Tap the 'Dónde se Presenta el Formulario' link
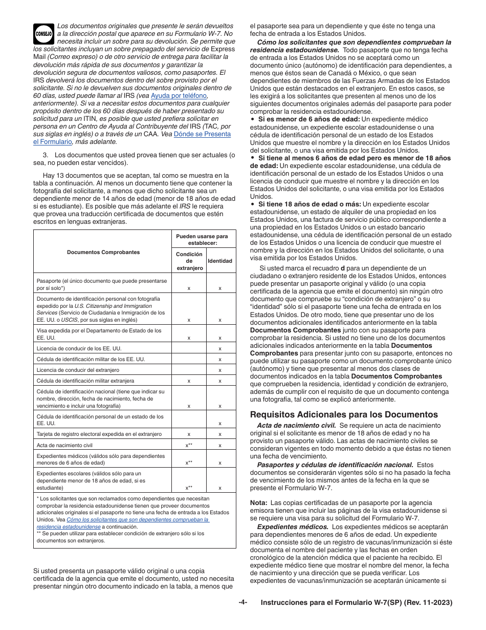coord(202,134)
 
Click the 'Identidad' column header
coord(220,261)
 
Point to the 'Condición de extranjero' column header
coord(189,261)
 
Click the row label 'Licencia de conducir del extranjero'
coord(78,370)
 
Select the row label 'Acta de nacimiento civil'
coord(65,445)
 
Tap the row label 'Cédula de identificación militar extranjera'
coord(85,381)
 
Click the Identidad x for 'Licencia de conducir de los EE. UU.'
coord(220,348)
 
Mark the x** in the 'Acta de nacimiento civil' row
coord(189,446)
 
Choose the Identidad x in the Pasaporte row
coord(220,288)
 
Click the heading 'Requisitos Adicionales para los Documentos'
coord(344,414)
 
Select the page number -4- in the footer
coord(242,602)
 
